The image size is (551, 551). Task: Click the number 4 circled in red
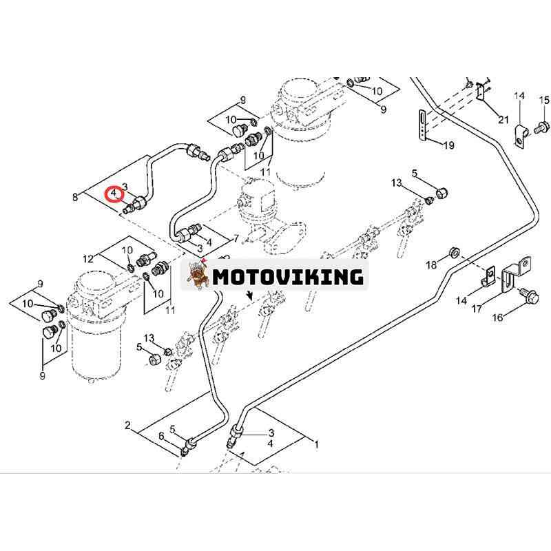point(114,194)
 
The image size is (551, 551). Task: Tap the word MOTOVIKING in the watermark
point(288,277)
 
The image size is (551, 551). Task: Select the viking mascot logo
point(197,275)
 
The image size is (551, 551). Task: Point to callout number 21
point(503,119)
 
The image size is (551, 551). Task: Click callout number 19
point(449,145)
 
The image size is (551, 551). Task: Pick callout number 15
point(544,101)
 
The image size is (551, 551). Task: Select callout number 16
point(497,318)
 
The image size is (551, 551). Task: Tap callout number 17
point(477,309)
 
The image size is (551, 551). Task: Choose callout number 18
point(432,264)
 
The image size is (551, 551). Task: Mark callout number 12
point(88,259)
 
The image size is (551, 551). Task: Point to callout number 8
point(75,197)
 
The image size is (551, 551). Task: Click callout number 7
point(236,239)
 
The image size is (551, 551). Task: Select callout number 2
point(127,426)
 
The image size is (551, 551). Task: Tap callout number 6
point(161,436)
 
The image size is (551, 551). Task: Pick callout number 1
point(316,444)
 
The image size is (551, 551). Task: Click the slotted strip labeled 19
point(423,125)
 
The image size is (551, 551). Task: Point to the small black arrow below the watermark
point(250,296)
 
